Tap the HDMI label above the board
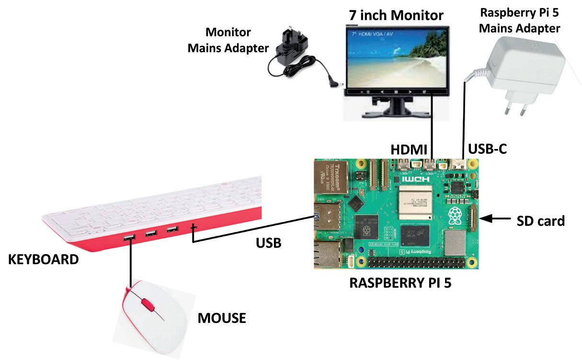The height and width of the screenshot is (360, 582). (410, 150)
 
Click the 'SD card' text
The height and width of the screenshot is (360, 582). (541, 221)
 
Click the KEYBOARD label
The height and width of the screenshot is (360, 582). (44, 259)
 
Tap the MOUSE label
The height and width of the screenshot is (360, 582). (222, 317)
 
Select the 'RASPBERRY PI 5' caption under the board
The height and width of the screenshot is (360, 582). (400, 282)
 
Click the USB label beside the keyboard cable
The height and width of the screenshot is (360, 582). (268, 244)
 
